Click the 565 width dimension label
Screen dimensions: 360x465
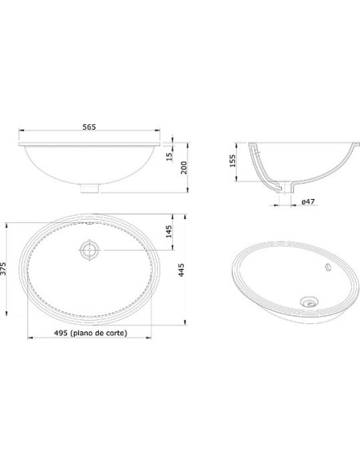click(x=89, y=127)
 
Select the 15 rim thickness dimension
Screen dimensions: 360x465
click(x=170, y=156)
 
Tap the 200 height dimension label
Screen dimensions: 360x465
click(x=184, y=167)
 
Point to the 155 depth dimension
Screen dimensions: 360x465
click(x=233, y=161)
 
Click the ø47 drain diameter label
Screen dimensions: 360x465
click(x=308, y=201)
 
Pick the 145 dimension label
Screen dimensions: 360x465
click(x=168, y=232)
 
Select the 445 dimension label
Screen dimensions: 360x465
click(x=181, y=270)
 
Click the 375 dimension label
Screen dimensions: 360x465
click(x=3, y=268)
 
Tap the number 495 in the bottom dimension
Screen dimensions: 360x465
click(x=61, y=333)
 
